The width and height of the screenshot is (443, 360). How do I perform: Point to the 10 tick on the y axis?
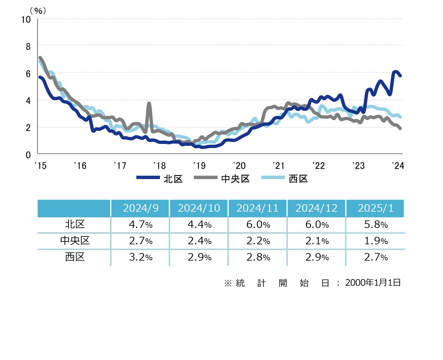(26, 20)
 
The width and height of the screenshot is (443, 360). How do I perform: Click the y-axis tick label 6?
(28, 74)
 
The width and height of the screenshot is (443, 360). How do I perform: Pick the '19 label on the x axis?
(200, 166)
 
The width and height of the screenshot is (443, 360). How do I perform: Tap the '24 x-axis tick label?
(398, 166)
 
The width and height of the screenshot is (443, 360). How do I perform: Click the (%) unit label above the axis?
(38, 11)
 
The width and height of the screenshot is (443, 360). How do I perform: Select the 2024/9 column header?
(141, 208)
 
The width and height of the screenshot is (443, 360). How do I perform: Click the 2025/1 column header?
(376, 208)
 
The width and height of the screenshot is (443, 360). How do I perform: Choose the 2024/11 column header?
(258, 208)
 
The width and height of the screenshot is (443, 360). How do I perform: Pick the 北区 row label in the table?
(75, 225)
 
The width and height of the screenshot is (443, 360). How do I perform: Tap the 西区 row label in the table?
(75, 257)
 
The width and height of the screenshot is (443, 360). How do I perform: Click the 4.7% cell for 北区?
(141, 225)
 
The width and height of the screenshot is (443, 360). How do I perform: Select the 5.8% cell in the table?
(376, 225)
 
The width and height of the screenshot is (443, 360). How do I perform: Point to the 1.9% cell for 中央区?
(376, 241)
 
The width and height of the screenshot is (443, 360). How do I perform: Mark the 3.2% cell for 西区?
(141, 257)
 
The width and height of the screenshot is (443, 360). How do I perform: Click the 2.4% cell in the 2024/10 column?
(200, 241)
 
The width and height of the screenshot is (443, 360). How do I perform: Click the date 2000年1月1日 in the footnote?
(373, 283)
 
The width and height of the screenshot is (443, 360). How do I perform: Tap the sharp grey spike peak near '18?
(149, 103)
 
